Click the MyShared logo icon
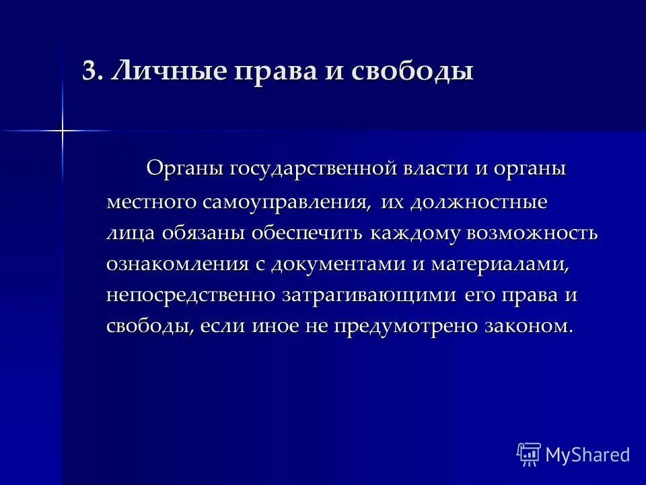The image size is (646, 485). tap(529, 454)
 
